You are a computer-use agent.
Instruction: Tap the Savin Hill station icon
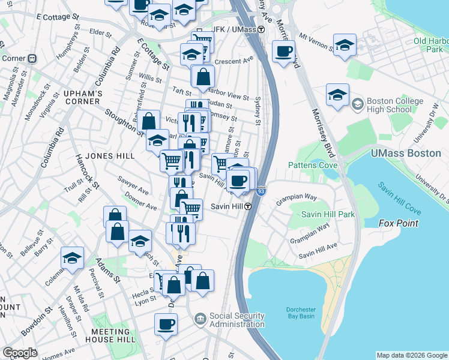point(247,206)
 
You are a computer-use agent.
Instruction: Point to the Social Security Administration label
point(237,320)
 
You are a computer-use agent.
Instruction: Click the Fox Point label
point(398,223)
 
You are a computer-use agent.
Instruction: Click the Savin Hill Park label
point(328,214)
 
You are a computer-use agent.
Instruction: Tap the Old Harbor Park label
point(427,46)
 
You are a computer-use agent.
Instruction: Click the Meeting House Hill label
point(110,336)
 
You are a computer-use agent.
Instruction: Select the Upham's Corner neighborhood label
point(83,98)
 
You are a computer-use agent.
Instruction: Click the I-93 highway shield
point(261,191)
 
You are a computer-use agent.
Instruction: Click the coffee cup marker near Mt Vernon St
point(283,52)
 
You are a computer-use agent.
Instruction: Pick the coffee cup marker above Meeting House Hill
point(166,325)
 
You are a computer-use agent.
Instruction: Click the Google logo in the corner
point(20,353)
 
